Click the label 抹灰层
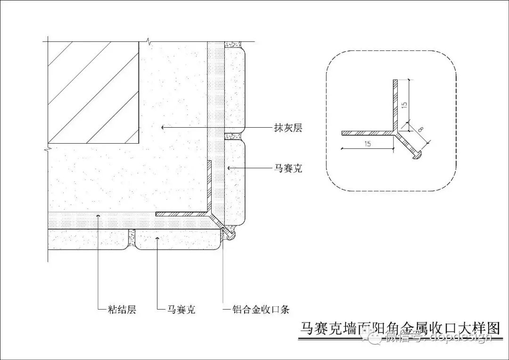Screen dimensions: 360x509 point(287,127)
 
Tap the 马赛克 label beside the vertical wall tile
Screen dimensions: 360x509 point(288,168)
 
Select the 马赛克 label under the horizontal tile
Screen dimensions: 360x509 point(181,310)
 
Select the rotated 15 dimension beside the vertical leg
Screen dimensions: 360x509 point(404,104)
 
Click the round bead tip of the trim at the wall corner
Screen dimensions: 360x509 point(230,235)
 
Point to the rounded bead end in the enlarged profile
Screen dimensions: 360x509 point(418,155)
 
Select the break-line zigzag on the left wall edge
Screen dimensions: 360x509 point(48,150)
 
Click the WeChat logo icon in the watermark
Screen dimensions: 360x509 point(376,336)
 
